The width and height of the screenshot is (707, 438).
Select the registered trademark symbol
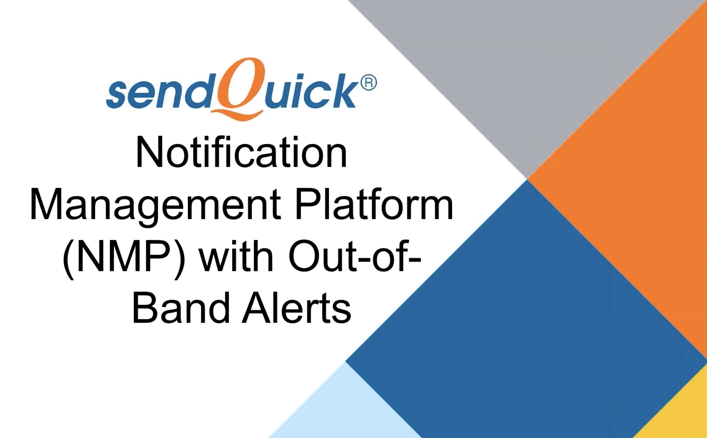[368, 83]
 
